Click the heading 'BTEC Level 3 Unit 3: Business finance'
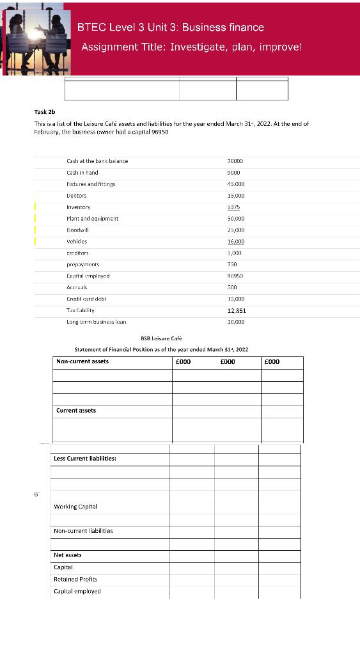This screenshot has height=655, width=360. [170, 27]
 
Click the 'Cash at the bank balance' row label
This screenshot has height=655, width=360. [97, 161]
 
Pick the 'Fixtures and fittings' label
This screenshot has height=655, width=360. [91, 184]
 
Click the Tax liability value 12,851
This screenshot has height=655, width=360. [236, 310]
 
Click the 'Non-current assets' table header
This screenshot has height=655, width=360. [82, 361]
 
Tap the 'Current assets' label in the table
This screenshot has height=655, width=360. [76, 410]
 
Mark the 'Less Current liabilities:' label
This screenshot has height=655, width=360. [84, 458]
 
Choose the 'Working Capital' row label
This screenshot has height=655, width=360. [75, 507]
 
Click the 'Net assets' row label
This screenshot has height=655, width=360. [68, 555]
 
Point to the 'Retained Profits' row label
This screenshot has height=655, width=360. [75, 579]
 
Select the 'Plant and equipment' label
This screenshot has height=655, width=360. [92, 218]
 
